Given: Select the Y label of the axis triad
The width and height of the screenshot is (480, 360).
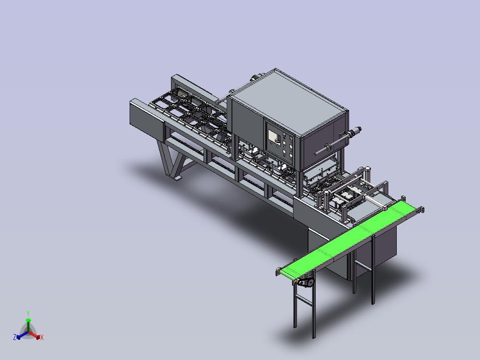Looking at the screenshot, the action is coord(28,314).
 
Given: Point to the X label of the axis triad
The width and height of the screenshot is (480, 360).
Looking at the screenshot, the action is coord(42,337).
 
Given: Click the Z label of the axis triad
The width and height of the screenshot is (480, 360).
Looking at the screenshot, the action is coord(14,337).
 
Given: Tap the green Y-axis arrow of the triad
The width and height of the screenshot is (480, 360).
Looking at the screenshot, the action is coord(28,325).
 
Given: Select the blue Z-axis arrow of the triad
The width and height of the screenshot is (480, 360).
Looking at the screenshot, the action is coord(22,335).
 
